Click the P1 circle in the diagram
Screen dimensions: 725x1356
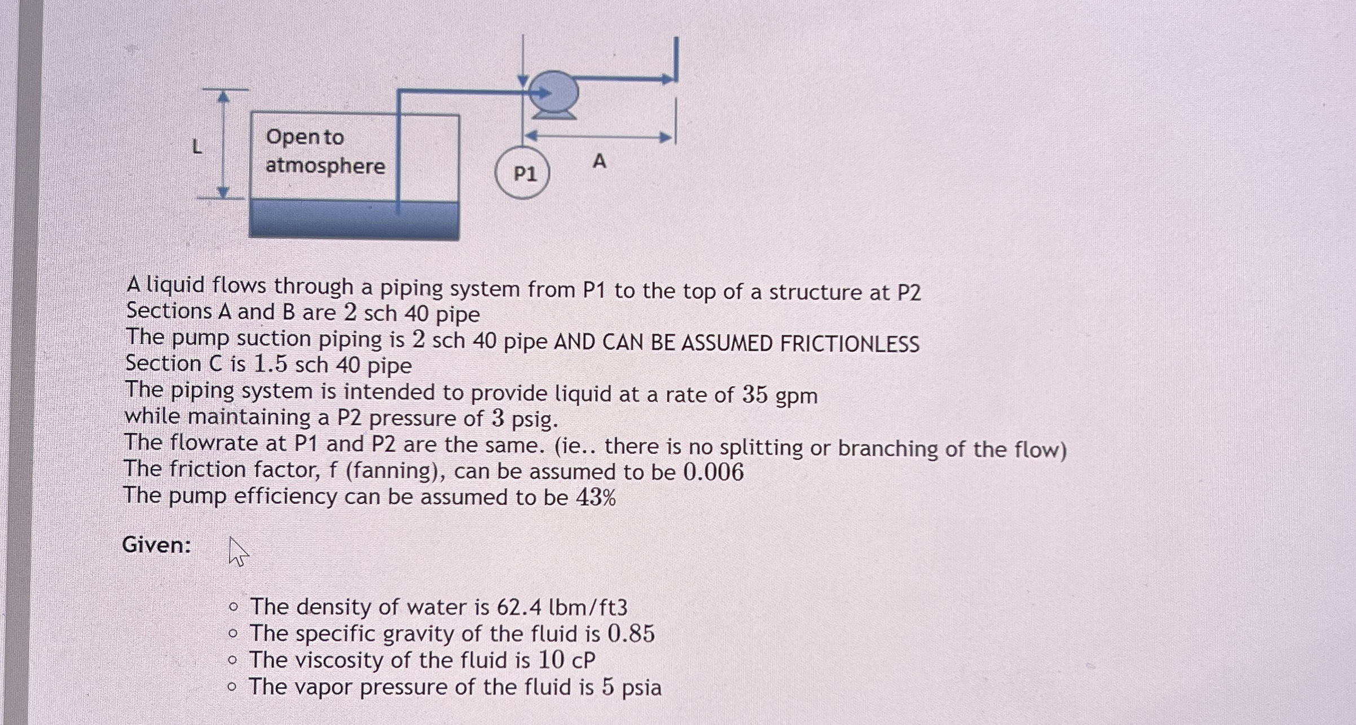[x=523, y=173]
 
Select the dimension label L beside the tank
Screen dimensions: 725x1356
[x=197, y=147]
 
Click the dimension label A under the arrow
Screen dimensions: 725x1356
[x=600, y=162]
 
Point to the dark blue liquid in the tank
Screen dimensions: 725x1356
[x=354, y=220]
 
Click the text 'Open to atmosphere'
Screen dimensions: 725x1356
[x=325, y=151]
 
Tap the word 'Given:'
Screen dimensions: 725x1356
[x=157, y=545]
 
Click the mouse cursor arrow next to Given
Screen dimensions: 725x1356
[x=237, y=551]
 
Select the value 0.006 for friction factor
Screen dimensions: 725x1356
[x=714, y=472]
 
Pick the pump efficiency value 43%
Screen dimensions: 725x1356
[x=596, y=498]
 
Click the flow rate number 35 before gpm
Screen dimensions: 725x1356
[x=755, y=395]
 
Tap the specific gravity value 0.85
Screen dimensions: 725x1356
[x=631, y=634]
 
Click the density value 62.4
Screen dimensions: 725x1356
[x=518, y=607]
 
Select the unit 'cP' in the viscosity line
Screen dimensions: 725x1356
[x=583, y=660]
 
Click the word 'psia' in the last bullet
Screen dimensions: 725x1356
[x=641, y=688]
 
